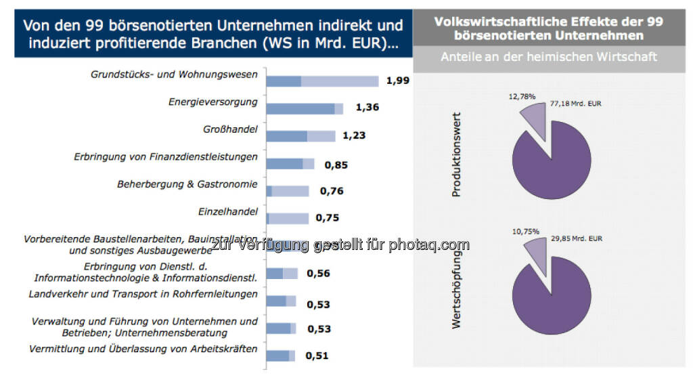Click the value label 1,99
pyautogui.click(x=398, y=81)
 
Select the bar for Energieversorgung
pyautogui.click(x=305, y=109)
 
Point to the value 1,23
pyautogui.click(x=354, y=135)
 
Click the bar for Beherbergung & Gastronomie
pyautogui.click(x=288, y=191)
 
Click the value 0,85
pyautogui.click(x=336, y=164)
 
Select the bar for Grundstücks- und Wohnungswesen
pyautogui.click(x=322, y=81)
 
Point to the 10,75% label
pyautogui.click(x=526, y=232)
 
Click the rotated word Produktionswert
pyautogui.click(x=456, y=154)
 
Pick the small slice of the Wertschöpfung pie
pyautogui.click(x=535, y=251)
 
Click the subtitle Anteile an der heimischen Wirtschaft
pyautogui.click(x=549, y=57)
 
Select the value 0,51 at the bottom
pyautogui.click(x=317, y=356)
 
